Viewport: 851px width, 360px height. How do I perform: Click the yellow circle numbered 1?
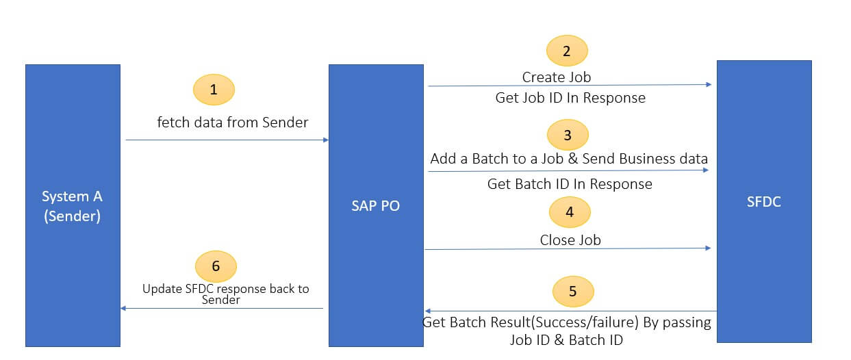[214, 90]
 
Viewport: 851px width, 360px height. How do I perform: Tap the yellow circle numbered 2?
[566, 51]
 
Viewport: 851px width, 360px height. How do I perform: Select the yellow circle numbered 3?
[568, 135]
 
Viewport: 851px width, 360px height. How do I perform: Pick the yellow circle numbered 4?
[570, 212]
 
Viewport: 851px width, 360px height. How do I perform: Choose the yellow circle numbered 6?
[216, 266]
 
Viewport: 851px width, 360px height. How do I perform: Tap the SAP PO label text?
[375, 205]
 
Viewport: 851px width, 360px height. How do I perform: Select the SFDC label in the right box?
[764, 203]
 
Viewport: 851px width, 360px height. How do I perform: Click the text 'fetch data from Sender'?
[233, 123]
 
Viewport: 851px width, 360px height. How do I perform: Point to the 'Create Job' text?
[556, 77]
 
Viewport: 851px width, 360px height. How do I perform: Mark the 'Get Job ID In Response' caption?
[570, 98]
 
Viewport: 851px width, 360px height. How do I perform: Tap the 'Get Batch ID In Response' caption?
[570, 184]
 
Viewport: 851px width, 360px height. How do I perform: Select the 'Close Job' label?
[570, 240]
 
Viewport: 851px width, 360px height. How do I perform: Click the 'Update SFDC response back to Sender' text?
[225, 294]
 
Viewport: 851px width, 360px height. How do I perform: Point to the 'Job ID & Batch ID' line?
[566, 339]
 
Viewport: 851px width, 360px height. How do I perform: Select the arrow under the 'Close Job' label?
[568, 248]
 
